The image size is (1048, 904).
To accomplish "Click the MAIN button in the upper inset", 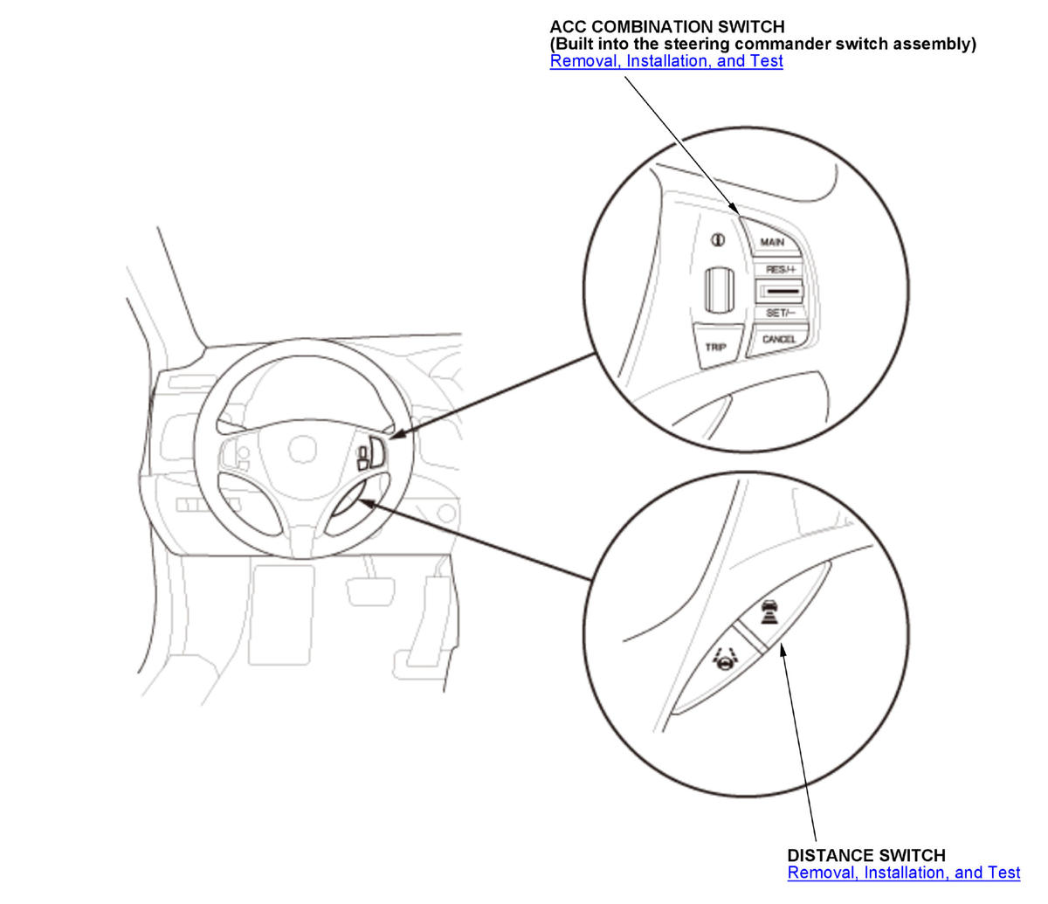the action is coord(772,242).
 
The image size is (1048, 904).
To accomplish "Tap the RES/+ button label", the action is coord(781,269).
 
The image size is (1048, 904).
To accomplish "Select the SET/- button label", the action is coord(781,313).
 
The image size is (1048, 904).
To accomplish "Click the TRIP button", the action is coord(716,347).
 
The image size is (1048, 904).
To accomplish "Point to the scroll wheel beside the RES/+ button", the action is coord(720,290).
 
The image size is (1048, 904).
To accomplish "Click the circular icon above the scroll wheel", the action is coord(717,240).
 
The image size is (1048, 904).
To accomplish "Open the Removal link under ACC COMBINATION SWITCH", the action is coord(666,61).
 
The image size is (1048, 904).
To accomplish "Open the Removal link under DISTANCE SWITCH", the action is coord(904,873).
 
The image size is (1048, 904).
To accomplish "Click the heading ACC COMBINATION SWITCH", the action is coord(667,26).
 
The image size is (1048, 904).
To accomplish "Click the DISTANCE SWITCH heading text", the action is coord(866,855).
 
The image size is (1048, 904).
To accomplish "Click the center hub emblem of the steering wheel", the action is coord(302,448).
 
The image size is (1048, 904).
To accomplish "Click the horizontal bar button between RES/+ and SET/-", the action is coord(779,291).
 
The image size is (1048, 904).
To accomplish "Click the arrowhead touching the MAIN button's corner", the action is coord(734,208).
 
